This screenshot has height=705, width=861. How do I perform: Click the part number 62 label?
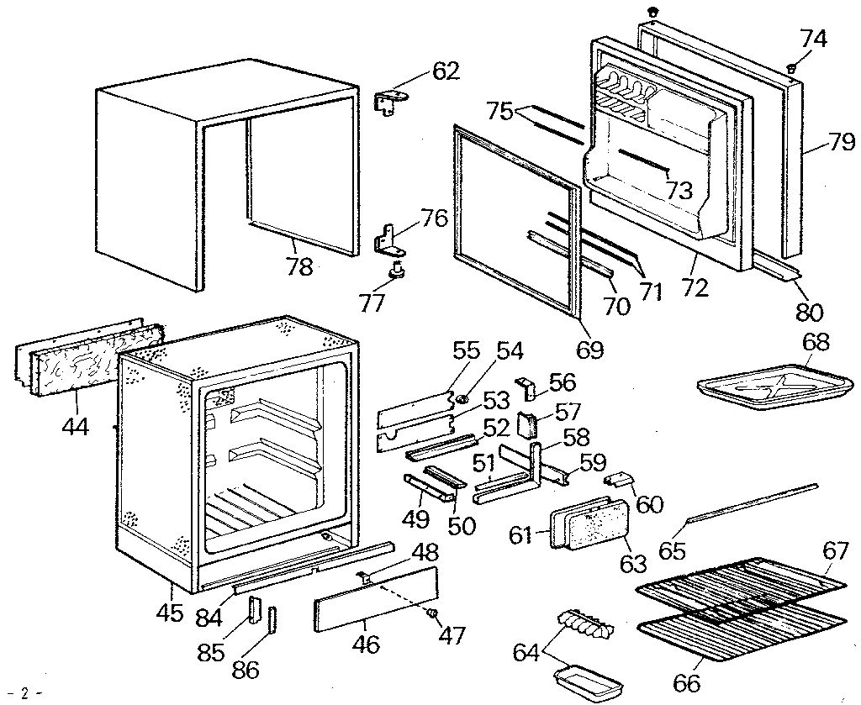coord(446,71)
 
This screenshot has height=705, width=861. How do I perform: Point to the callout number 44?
coord(75,426)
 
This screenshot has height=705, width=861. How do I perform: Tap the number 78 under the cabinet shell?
coord(299,266)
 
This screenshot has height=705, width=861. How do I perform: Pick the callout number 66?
coord(687,683)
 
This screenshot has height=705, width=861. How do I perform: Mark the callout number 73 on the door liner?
coord(679,190)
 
